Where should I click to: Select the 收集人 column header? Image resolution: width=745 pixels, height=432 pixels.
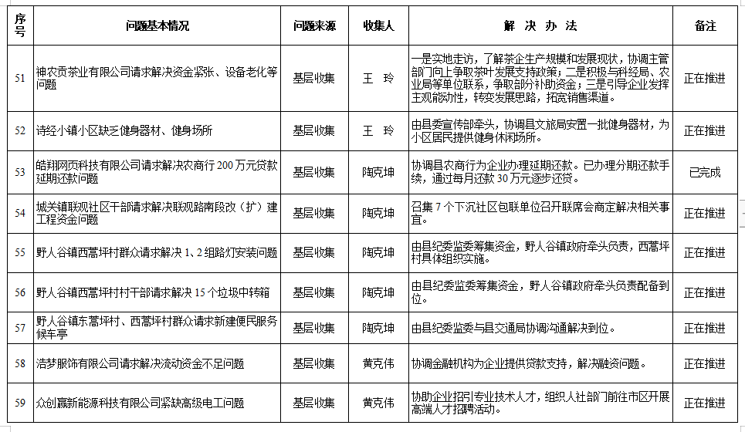pyautogui.click(x=378, y=26)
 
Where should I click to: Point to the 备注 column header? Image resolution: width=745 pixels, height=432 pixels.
pyautogui.click(x=705, y=26)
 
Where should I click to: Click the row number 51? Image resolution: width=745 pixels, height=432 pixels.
pyautogui.click(x=20, y=78)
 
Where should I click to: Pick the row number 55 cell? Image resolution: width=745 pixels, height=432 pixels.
pyautogui.click(x=20, y=252)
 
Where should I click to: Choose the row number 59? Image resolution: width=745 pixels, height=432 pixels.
pyautogui.click(x=20, y=403)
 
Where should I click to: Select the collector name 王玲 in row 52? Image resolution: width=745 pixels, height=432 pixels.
pyautogui.click(x=378, y=130)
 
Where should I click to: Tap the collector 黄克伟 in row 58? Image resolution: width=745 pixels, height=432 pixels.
pyautogui.click(x=378, y=363)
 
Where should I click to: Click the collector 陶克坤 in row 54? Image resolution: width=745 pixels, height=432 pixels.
pyautogui.click(x=378, y=213)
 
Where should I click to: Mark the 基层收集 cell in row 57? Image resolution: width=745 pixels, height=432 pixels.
pyautogui.click(x=313, y=329)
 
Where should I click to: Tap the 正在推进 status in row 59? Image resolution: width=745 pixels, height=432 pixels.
pyautogui.click(x=705, y=403)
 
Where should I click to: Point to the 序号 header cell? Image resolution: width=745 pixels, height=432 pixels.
pyautogui.click(x=20, y=26)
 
